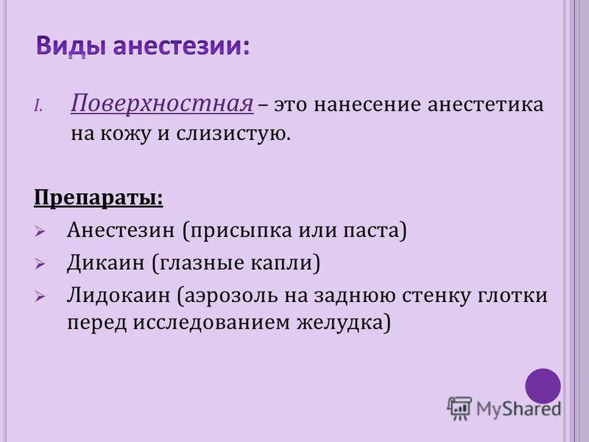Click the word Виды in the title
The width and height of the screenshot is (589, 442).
(x=71, y=47)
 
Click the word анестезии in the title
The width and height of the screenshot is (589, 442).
(x=181, y=46)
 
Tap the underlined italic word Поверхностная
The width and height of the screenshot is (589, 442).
(x=162, y=103)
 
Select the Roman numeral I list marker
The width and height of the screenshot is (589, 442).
(x=38, y=106)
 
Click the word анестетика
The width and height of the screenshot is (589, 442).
(x=485, y=104)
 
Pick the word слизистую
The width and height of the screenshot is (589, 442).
(x=233, y=134)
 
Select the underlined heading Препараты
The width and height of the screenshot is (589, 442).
(x=99, y=198)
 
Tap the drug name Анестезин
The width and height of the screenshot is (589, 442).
(x=121, y=230)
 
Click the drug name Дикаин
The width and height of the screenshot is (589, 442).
(x=105, y=263)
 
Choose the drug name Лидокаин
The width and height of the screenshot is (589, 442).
(x=119, y=295)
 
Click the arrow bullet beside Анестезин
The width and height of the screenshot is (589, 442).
(x=40, y=231)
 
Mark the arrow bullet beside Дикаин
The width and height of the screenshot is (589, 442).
(x=40, y=264)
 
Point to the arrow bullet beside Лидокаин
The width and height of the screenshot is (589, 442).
(x=40, y=297)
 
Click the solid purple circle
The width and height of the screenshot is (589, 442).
(x=543, y=386)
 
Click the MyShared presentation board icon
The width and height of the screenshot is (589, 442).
(x=459, y=408)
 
